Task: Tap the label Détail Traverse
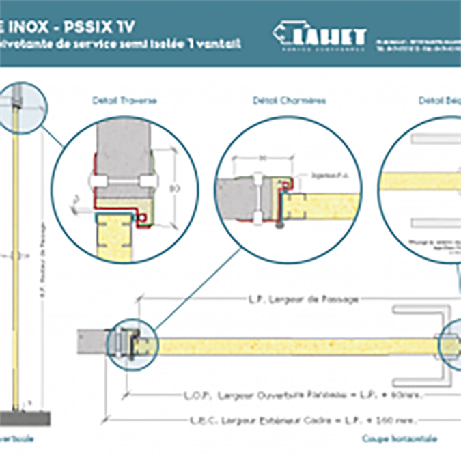[x=124, y=100]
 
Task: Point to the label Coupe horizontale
[x=400, y=438]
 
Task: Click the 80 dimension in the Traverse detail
[x=173, y=186]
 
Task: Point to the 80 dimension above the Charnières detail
[x=262, y=158]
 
